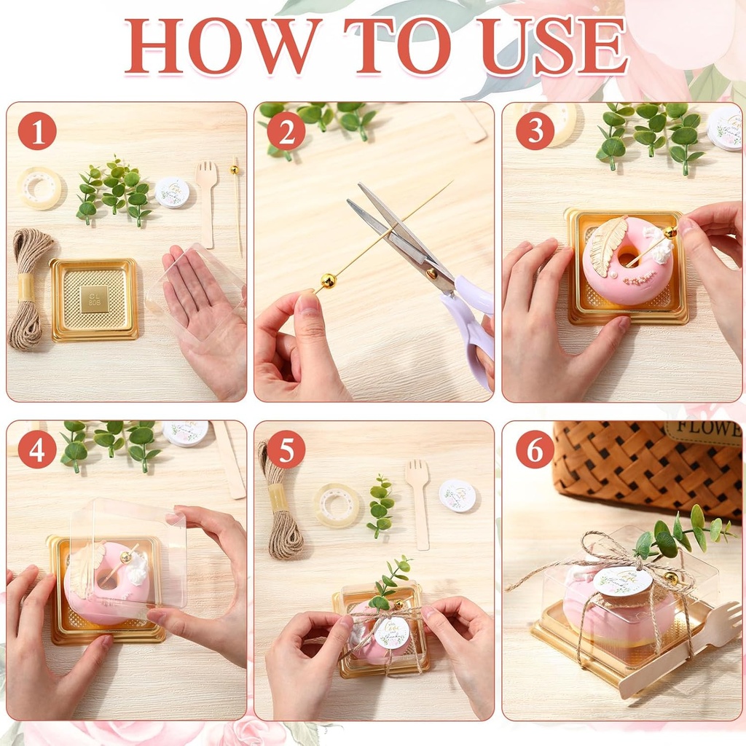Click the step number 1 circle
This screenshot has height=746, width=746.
pyautogui.click(x=37, y=132)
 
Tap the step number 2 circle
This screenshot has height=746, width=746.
pyautogui.click(x=286, y=132)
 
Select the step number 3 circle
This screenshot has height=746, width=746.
pyautogui.click(x=535, y=132)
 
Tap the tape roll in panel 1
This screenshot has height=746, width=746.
pyautogui.click(x=39, y=188)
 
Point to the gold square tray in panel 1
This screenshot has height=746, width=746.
pyautogui.click(x=94, y=299)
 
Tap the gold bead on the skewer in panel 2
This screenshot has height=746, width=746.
pyautogui.click(x=328, y=280)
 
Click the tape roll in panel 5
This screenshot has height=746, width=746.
pyautogui.click(x=337, y=505)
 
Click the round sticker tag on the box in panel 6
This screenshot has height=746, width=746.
pyautogui.click(x=621, y=581)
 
